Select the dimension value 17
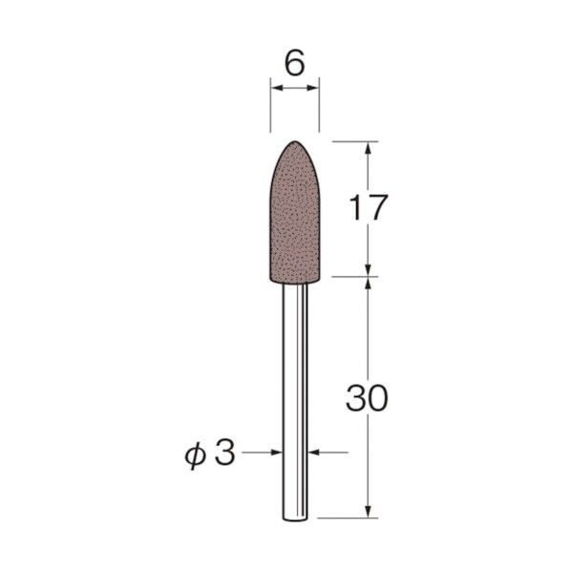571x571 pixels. pyautogui.click(x=367, y=207)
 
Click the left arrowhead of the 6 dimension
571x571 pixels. pyautogui.click(x=276, y=90)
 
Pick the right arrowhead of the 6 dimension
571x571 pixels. pyautogui.click(x=313, y=90)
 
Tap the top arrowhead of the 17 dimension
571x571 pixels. pyautogui.click(x=367, y=148)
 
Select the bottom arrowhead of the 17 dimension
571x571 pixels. pyautogui.click(x=367, y=272)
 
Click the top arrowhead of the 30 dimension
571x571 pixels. pyautogui.click(x=367, y=285)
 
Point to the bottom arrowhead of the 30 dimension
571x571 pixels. pyautogui.click(x=367, y=513)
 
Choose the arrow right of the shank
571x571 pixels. pyautogui.click(x=314, y=455)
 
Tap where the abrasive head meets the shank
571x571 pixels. pyautogui.click(x=295, y=280)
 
